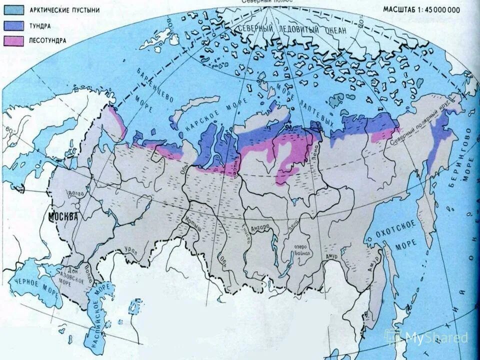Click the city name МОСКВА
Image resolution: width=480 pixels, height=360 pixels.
point(63,217)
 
